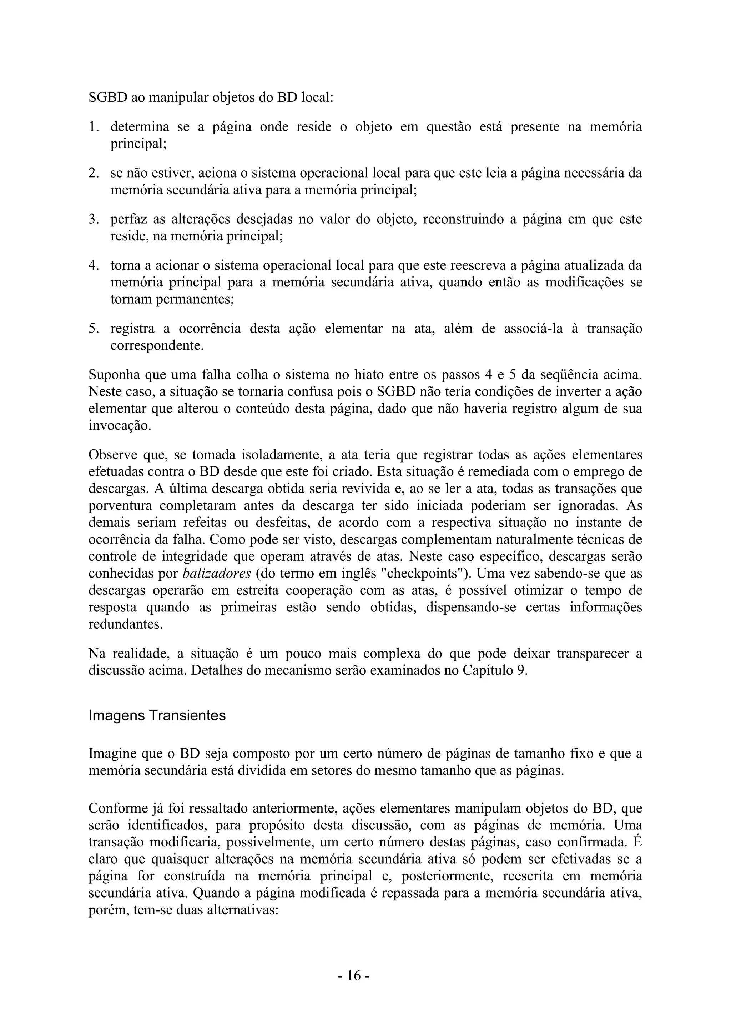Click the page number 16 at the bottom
coord(354,975)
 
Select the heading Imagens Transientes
coord(157,715)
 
